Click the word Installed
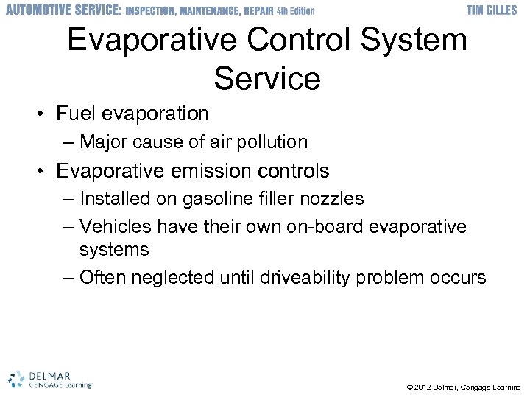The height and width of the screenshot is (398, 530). [113, 199]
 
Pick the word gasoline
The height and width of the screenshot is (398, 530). [210, 199]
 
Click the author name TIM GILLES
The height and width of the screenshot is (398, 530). [495, 10]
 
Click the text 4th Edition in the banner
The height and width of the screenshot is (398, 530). [295, 11]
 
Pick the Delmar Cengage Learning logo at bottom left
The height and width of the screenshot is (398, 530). [50, 379]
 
